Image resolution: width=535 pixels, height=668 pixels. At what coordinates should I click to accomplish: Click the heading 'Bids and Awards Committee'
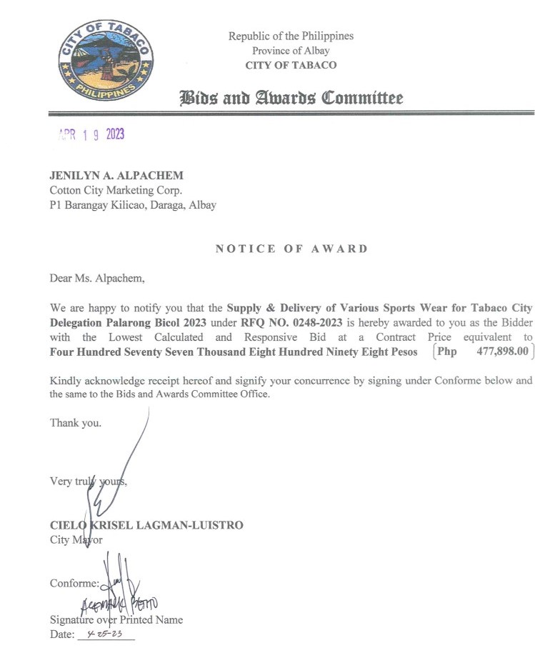click(291, 98)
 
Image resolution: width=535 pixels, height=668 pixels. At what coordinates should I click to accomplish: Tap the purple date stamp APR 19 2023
click(90, 135)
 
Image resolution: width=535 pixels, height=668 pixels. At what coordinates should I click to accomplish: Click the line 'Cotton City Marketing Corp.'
click(116, 190)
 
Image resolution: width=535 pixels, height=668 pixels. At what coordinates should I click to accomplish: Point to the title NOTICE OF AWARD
click(291, 249)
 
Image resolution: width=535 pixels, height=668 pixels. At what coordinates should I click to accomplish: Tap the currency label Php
click(446, 352)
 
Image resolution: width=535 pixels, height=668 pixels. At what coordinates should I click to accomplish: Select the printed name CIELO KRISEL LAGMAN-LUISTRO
click(146, 525)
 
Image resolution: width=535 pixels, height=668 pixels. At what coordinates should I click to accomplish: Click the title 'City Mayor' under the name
click(76, 539)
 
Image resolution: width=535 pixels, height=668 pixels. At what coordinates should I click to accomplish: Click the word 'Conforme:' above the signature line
click(74, 583)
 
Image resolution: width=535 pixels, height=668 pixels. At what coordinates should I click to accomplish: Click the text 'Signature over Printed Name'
click(116, 619)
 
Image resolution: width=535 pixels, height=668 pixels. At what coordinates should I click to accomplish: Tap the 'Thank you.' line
click(76, 422)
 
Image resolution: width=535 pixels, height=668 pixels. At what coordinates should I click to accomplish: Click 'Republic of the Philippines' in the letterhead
click(291, 36)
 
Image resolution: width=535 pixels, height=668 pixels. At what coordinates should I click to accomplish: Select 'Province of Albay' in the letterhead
click(291, 50)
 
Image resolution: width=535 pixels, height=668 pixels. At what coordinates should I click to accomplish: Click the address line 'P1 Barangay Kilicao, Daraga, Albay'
click(132, 204)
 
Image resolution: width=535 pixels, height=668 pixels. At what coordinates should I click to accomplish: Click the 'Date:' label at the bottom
click(61, 634)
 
